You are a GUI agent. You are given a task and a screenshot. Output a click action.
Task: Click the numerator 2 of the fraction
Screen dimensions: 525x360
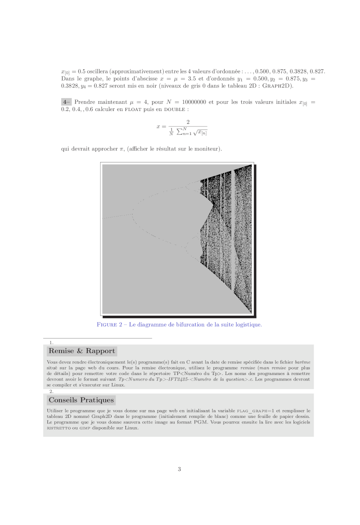pos(188,122)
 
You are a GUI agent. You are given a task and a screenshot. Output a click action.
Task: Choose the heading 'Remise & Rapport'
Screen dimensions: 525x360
pos(82,351)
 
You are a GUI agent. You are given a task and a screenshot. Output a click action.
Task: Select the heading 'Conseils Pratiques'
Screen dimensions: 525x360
pos(81,400)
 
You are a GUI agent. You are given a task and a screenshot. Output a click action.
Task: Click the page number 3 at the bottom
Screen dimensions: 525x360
pos(179,469)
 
